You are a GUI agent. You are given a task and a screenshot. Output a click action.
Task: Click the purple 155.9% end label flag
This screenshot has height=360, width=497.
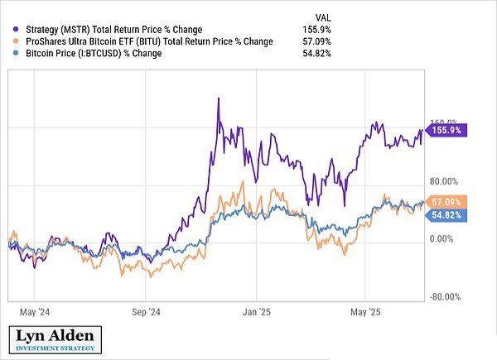point(448,130)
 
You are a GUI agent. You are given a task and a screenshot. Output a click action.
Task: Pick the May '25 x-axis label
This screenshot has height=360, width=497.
point(365,313)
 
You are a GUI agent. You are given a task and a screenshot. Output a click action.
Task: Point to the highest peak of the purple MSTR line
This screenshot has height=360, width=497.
point(217,99)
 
